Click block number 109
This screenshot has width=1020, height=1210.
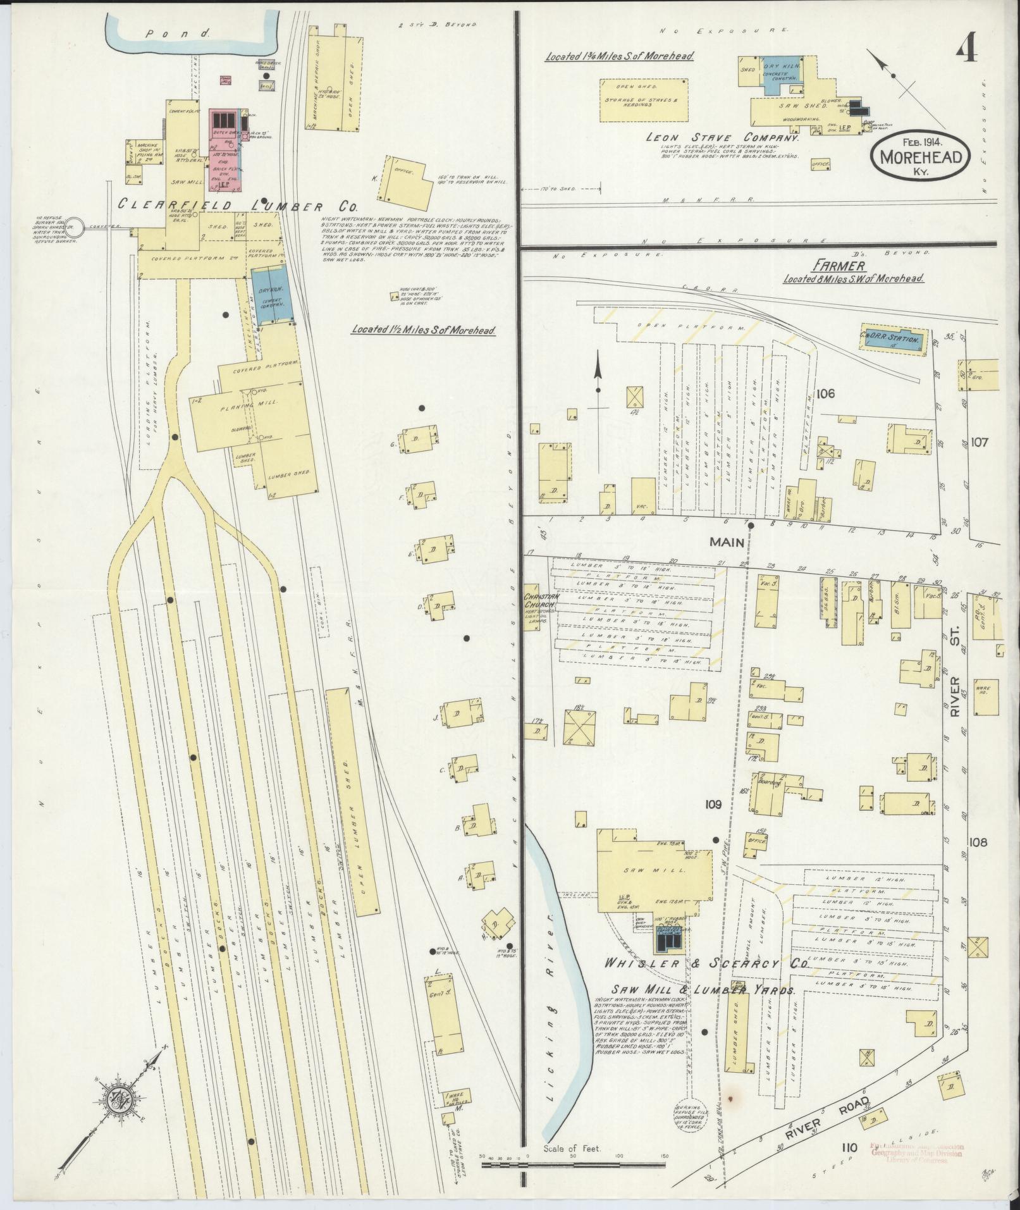pos(713,805)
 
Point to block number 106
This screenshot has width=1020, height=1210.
pos(825,393)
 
